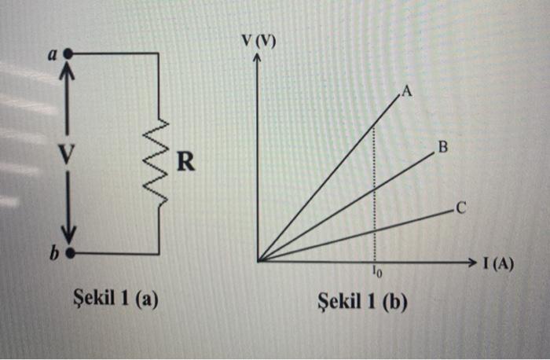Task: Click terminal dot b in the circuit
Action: click(69, 254)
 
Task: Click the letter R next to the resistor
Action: click(183, 163)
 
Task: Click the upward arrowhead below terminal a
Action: click(68, 72)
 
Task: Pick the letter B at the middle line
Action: click(442, 147)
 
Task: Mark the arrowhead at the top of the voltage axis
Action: click(258, 61)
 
